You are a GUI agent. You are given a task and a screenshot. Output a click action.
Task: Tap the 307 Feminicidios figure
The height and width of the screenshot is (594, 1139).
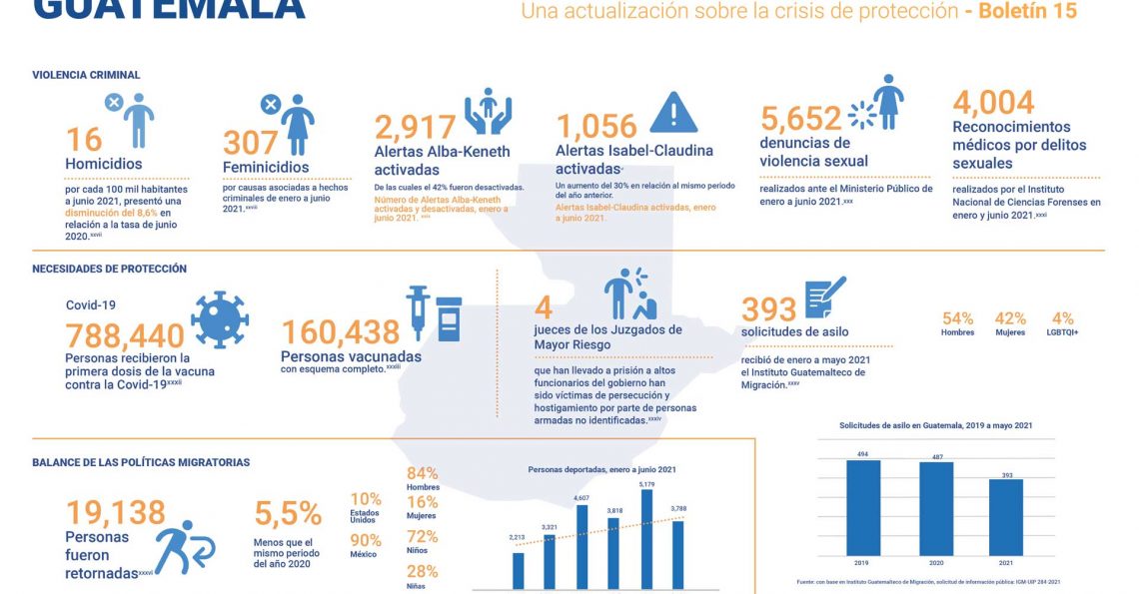pos(250,143)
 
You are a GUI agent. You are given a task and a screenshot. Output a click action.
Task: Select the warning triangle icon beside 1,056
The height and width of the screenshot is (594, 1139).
pos(673,112)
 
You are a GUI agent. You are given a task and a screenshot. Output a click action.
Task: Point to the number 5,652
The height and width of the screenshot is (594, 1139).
pos(800,119)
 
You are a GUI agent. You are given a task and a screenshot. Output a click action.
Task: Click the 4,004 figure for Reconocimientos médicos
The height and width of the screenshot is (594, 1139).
pos(993,102)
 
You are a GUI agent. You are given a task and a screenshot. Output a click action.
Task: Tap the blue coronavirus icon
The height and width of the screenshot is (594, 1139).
pos(219,318)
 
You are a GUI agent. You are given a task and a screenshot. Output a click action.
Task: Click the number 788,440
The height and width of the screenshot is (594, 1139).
pos(125,335)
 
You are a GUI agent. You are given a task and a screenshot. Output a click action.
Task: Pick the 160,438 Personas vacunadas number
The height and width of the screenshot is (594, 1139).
pos(341,332)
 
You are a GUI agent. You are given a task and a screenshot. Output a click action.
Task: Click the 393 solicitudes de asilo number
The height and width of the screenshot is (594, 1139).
pos(768,310)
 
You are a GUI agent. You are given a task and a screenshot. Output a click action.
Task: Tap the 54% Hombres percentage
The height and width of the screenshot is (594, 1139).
pos(957,318)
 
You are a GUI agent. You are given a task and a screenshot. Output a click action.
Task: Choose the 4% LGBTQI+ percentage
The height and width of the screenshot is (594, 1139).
pos(1062,318)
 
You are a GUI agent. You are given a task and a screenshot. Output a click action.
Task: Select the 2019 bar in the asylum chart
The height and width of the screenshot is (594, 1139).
pos(862,507)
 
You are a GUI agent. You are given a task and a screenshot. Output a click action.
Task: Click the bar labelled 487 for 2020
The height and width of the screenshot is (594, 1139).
pos(935,509)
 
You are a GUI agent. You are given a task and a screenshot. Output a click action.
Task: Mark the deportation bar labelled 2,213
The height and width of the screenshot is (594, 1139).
pos(518,570)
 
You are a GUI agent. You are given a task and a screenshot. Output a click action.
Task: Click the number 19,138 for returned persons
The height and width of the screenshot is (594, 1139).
pos(115,512)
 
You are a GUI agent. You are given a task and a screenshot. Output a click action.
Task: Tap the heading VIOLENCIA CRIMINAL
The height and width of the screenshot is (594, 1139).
pos(86,75)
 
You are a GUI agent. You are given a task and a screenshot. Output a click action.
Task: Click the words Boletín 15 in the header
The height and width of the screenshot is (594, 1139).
pos(1028,11)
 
